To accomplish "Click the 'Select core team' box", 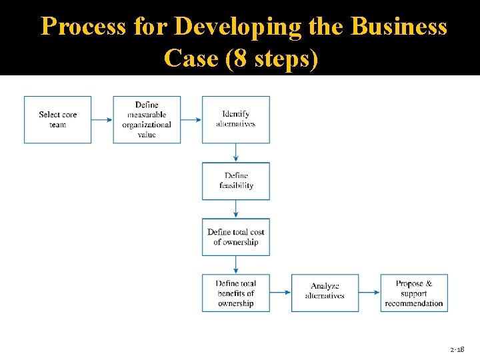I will coord(58,119).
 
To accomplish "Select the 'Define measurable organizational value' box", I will coord(147,119).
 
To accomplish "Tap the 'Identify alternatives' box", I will coord(236,119).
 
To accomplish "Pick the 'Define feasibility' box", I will coord(236,181).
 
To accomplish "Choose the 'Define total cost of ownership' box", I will coord(236,237).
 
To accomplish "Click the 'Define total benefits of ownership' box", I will coord(236,293).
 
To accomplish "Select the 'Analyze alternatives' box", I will coord(325,293).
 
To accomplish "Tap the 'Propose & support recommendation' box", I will coord(414,293).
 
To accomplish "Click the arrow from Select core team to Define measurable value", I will coord(102,120).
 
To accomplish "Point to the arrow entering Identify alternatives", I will coord(191,120).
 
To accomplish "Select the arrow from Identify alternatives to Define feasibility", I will coord(236,153).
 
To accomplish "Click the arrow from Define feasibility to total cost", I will coord(236,209).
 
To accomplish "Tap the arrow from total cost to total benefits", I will coord(236,265).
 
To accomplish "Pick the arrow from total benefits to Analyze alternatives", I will coord(281,293).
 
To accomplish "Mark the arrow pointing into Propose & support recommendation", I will coord(369,293).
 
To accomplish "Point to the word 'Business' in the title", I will coord(399,27).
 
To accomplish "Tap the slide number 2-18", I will coord(457,349).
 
